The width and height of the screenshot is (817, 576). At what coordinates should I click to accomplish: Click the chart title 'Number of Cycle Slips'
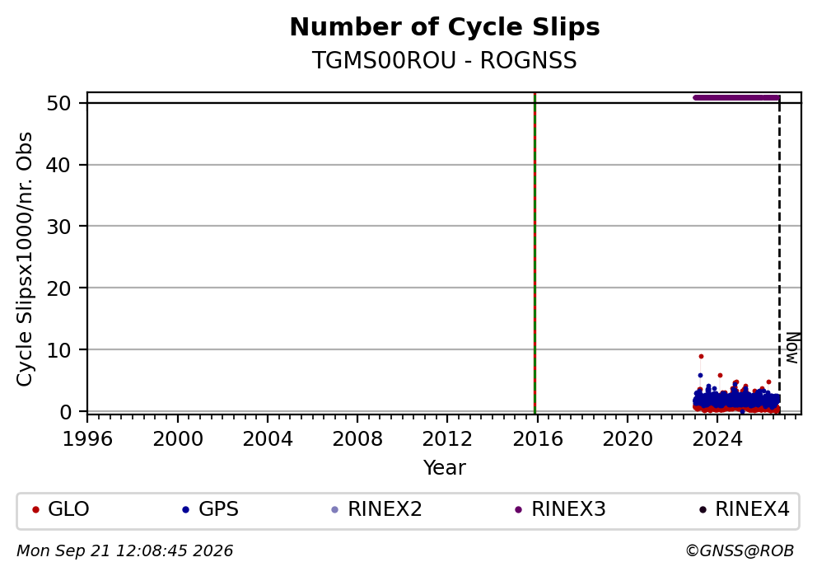pyautogui.click(x=445, y=27)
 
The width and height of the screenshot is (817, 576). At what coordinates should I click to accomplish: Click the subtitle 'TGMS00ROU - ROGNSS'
pyautogui.click(x=445, y=60)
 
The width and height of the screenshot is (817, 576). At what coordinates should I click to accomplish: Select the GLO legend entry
pyautogui.click(x=60, y=508)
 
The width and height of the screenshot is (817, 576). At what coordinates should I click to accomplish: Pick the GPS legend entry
pyautogui.click(x=210, y=508)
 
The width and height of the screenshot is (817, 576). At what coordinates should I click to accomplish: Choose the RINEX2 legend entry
pyautogui.click(x=376, y=508)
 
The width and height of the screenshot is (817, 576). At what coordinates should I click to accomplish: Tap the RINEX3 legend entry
pyautogui.click(x=560, y=508)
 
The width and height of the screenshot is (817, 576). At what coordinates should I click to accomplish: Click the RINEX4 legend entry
pyautogui.click(x=744, y=508)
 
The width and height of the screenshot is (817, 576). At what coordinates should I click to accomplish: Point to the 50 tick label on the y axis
pyautogui.click(x=58, y=103)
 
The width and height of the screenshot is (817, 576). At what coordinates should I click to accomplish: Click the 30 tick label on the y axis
pyautogui.click(x=58, y=227)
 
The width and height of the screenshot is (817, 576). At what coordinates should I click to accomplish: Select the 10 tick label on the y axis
pyautogui.click(x=58, y=349)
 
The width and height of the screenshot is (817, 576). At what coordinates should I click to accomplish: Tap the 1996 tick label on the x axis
pyautogui.click(x=87, y=439)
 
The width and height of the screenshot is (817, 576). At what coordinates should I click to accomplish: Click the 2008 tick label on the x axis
pyautogui.click(x=357, y=439)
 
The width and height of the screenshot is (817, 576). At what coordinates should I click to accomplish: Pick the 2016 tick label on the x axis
pyautogui.click(x=538, y=439)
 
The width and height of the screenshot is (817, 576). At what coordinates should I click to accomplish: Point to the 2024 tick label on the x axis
pyautogui.click(x=717, y=439)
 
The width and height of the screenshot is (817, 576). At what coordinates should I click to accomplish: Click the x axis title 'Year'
pyautogui.click(x=445, y=467)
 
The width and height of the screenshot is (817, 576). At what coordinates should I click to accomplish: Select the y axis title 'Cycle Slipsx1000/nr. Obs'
pyautogui.click(x=25, y=259)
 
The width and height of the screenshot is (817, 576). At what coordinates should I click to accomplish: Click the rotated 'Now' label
pyautogui.click(x=792, y=348)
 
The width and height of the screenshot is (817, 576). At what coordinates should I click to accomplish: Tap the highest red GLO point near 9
pyautogui.click(x=702, y=357)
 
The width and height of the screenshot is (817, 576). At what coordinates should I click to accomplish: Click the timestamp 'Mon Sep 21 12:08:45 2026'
pyautogui.click(x=125, y=551)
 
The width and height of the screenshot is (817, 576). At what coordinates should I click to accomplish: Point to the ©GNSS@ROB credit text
pyautogui.click(x=740, y=551)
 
